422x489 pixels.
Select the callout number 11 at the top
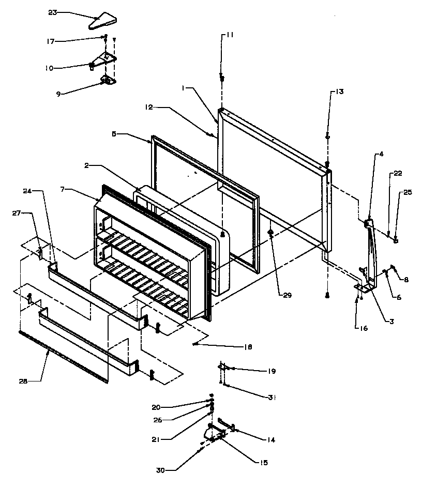(229, 35)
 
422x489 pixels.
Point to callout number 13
(338, 91)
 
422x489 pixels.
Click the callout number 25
(408, 193)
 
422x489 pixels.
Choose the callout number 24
(27, 190)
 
